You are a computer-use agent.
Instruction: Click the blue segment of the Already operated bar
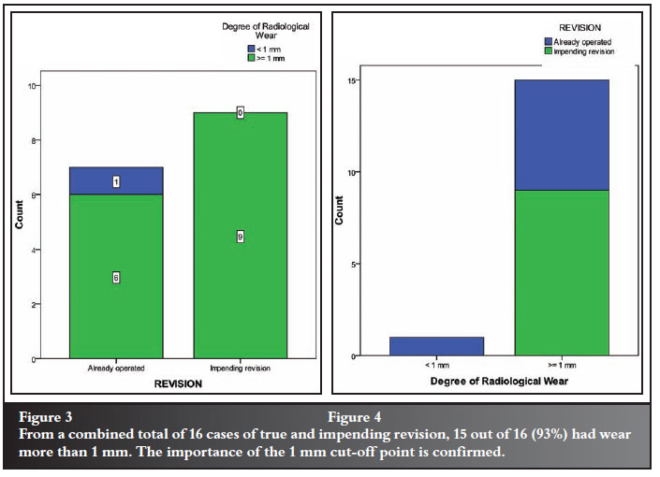(x=115, y=181)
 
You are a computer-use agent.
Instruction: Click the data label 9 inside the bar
(x=240, y=238)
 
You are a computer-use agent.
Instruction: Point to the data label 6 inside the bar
(x=115, y=278)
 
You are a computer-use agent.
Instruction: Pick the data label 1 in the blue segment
(x=115, y=181)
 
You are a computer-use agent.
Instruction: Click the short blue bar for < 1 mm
(x=436, y=346)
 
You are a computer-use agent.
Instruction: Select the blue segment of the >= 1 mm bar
(x=562, y=135)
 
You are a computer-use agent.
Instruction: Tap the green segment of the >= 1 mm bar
(x=562, y=272)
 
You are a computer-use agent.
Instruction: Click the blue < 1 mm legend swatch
(x=251, y=49)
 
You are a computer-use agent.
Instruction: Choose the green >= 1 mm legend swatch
(x=251, y=58)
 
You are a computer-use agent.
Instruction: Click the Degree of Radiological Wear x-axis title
(x=499, y=383)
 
